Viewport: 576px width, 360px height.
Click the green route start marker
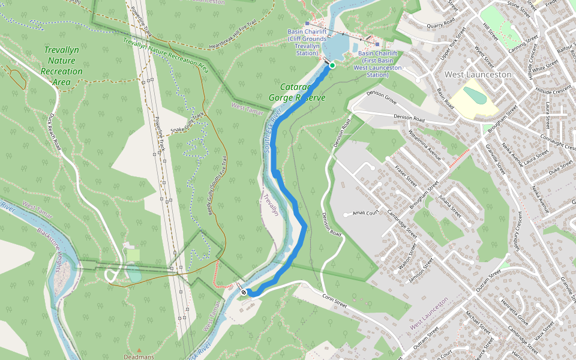point(332,65)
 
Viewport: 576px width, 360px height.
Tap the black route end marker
point(244,292)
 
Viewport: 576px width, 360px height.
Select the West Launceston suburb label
point(478,74)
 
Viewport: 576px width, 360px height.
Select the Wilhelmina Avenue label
point(422,143)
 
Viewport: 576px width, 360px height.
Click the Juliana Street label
point(450,205)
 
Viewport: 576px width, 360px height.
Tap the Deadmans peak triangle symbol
point(139,350)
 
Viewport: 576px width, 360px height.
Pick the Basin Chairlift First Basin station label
point(377,64)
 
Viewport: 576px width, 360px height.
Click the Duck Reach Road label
point(56,131)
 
